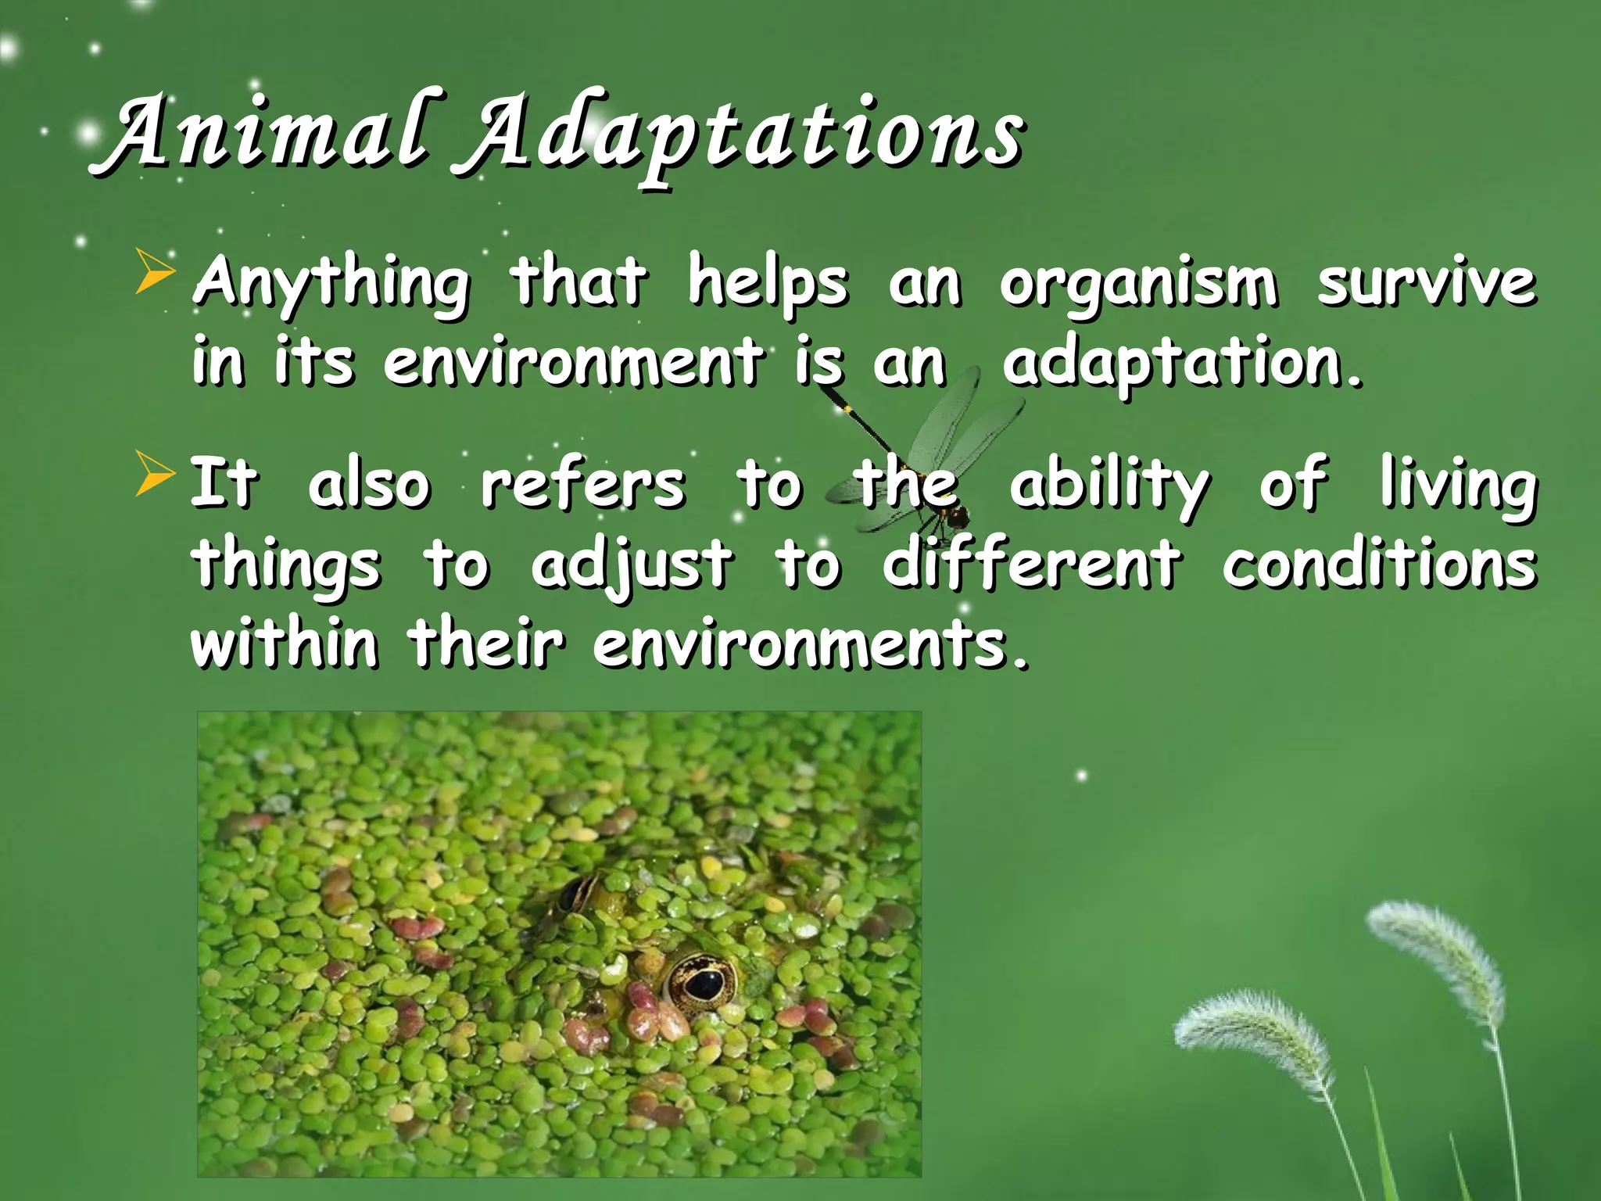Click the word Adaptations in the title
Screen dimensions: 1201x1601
(739, 137)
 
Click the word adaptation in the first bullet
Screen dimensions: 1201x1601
(1180, 364)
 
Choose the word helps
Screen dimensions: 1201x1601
(767, 283)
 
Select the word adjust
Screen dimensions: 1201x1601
(632, 565)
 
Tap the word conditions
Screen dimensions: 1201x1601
(1379, 565)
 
